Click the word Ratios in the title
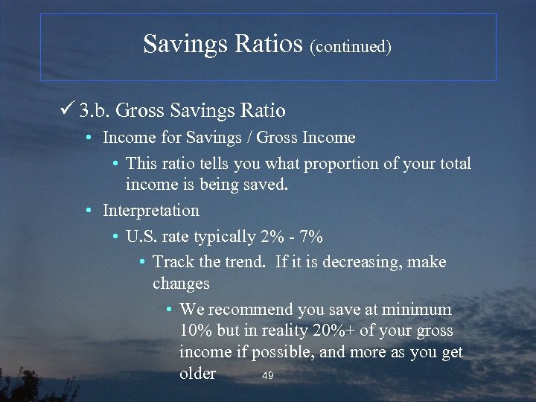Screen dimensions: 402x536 (x=270, y=44)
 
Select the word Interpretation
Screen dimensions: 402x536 (x=151, y=211)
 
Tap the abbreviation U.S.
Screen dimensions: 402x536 (x=141, y=237)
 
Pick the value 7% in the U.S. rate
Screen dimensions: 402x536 (x=310, y=237)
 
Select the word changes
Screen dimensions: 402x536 (x=181, y=284)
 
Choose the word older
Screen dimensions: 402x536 (x=197, y=374)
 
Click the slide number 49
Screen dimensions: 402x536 (x=268, y=376)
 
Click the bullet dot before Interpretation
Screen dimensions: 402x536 (x=88, y=211)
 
